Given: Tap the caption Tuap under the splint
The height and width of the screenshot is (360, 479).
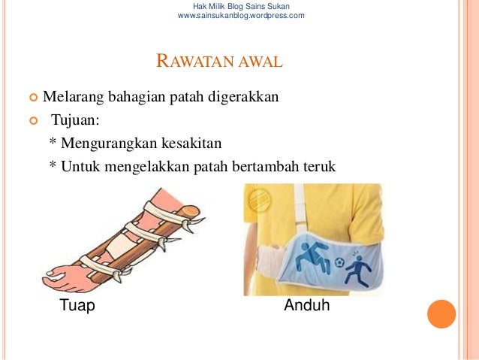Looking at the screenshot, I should (x=77, y=306).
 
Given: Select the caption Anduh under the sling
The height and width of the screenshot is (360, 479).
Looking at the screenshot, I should (x=306, y=306).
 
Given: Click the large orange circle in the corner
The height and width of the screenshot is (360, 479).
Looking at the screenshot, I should (x=441, y=313).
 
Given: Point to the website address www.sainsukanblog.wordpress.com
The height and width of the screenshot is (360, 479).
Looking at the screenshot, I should (x=240, y=15).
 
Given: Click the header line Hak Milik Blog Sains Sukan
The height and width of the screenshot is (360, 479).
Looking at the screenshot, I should (x=241, y=6).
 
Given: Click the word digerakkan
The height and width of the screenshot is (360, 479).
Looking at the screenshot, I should (x=244, y=97).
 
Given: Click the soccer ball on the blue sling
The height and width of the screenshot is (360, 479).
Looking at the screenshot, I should (x=339, y=262).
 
